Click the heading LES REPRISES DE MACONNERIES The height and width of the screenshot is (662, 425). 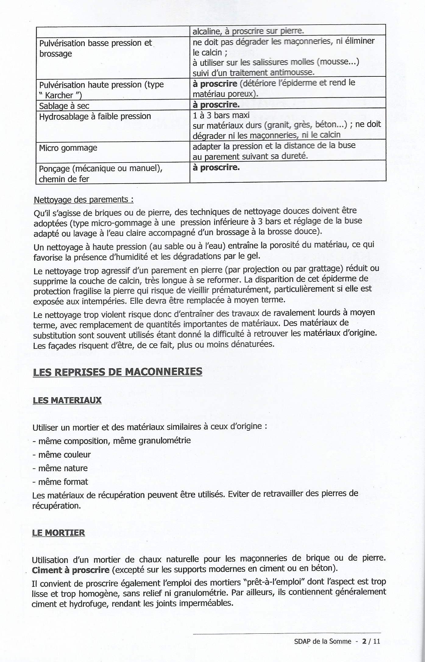[117, 372]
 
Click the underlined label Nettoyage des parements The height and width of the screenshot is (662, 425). [83, 200]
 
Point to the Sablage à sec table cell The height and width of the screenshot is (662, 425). [64, 106]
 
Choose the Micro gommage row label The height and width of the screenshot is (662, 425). [68, 148]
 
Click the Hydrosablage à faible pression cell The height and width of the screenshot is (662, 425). [95, 116]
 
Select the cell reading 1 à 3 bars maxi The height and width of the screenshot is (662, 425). [221, 115]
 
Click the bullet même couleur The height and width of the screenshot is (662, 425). [64, 455]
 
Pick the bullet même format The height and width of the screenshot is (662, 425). [63, 482]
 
